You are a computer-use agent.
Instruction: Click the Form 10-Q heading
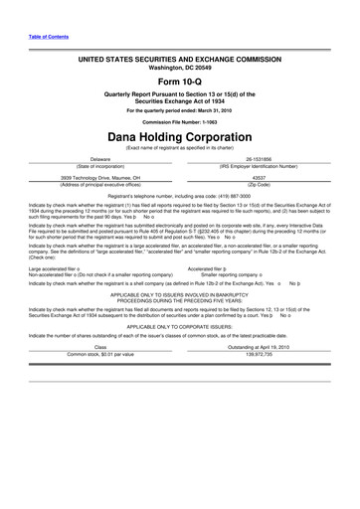[179, 82]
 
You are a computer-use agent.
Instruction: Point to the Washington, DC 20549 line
[179, 69]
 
